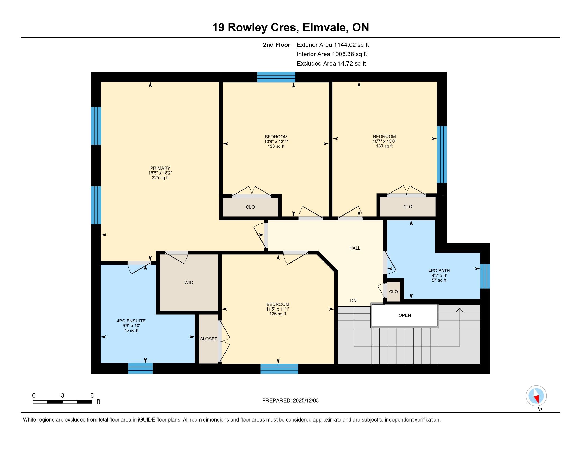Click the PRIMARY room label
click(160, 168)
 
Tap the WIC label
click(189, 283)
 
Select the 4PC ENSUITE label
click(131, 321)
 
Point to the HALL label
click(355, 248)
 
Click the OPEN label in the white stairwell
click(405, 315)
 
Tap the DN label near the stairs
click(353, 301)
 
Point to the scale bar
click(63, 402)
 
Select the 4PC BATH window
click(485, 276)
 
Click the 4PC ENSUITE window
click(140, 368)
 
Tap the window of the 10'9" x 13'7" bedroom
click(276, 77)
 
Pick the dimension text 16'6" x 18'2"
click(160, 173)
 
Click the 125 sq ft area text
click(278, 314)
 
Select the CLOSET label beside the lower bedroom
click(208, 339)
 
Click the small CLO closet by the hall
click(393, 292)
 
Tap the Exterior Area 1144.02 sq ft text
click(333, 45)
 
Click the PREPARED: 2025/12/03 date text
click(290, 400)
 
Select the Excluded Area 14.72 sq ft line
click(331, 63)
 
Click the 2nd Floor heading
click(277, 45)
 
